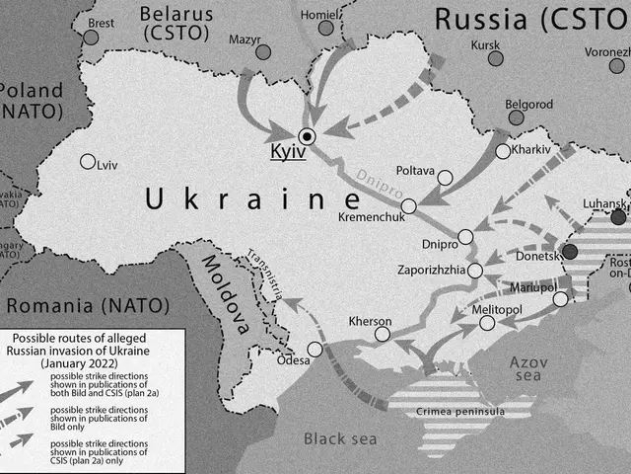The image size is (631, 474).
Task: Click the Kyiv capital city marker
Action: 308,136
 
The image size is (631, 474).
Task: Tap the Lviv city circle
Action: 88,163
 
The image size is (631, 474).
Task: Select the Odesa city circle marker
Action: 315,349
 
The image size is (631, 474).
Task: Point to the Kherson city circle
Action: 382,335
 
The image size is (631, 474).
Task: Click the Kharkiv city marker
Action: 503,151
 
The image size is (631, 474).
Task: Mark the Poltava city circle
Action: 445,179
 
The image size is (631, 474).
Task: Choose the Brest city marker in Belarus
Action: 91,37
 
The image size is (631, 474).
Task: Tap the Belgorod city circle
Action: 514,118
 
